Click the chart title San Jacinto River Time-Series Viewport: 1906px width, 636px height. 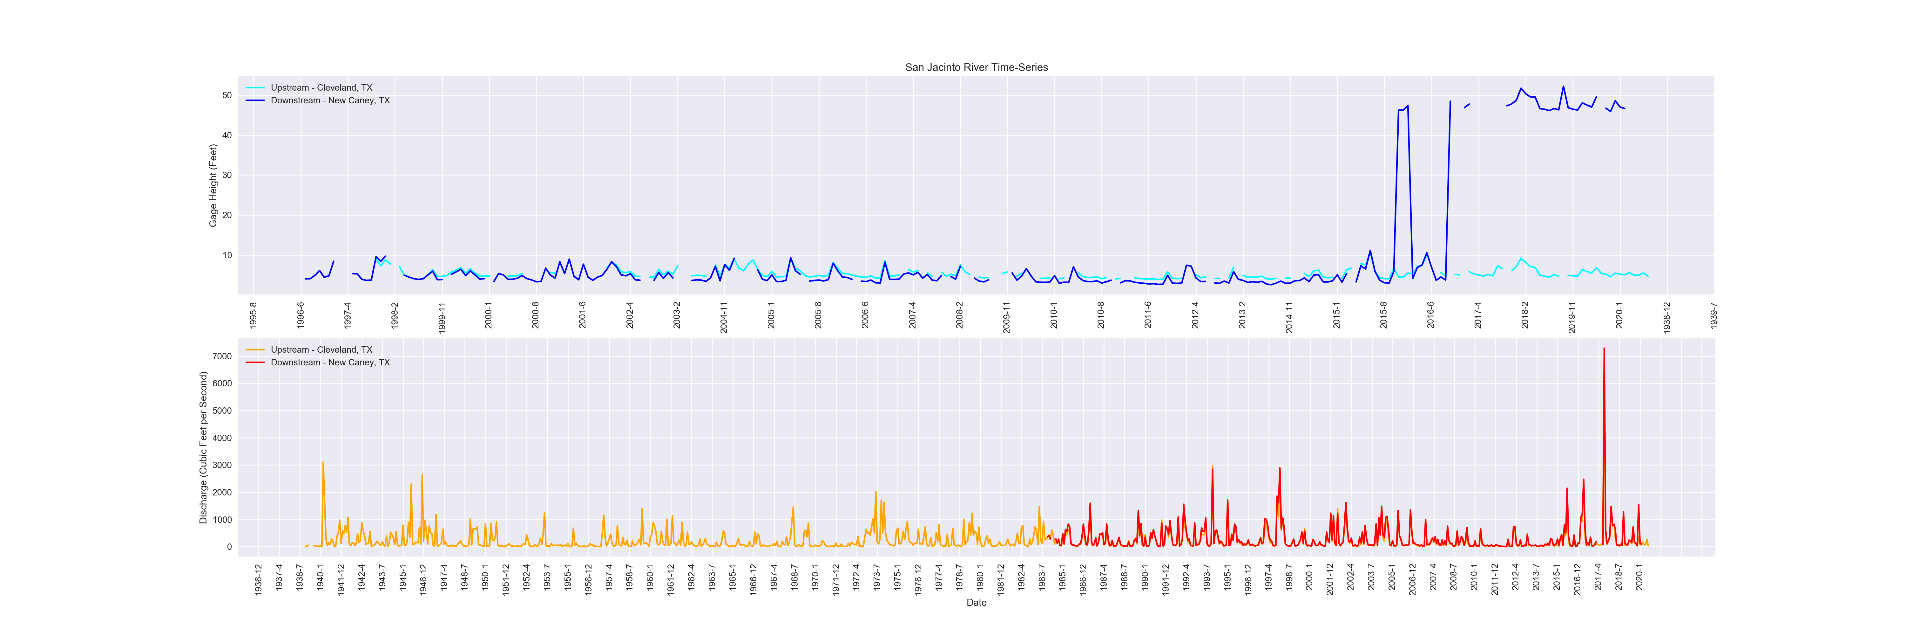[x=976, y=67]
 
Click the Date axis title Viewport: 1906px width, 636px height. [x=976, y=603]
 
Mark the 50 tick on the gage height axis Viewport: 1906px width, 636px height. [x=226, y=95]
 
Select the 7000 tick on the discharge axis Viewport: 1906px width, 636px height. [x=222, y=356]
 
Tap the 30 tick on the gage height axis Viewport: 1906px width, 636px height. [x=226, y=176]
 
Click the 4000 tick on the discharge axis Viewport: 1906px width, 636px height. [x=222, y=438]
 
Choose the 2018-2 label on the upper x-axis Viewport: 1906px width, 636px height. [x=1525, y=315]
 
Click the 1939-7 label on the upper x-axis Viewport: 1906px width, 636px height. [x=1713, y=315]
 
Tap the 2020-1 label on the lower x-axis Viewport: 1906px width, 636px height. [x=1639, y=577]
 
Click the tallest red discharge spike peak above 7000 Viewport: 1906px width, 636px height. [x=1604, y=349]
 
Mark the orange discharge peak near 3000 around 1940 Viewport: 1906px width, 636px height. [x=323, y=463]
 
